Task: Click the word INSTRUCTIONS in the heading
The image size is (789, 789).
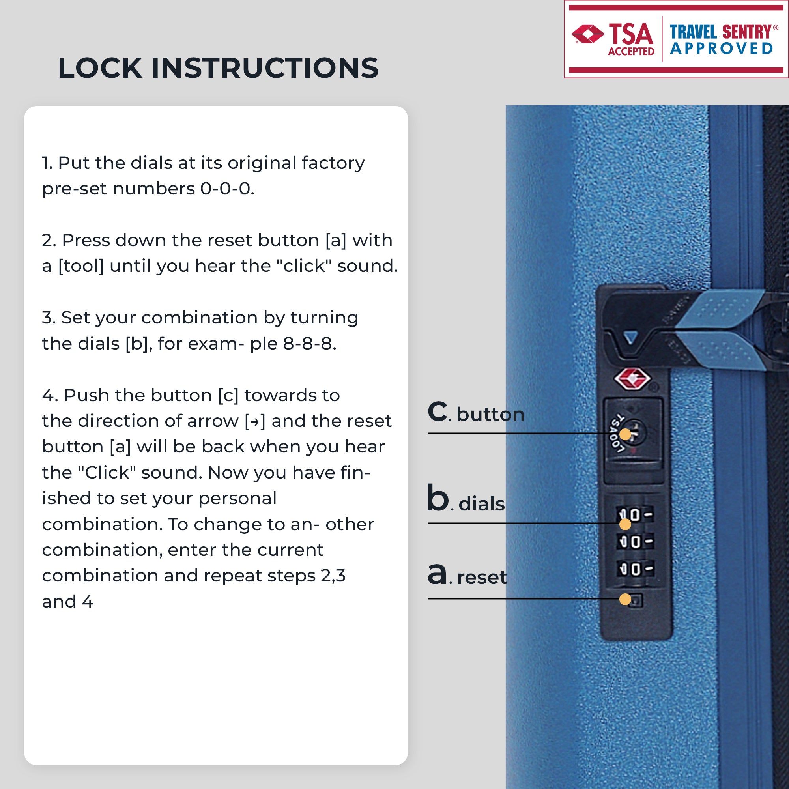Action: click(265, 68)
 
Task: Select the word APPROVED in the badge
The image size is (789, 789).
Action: click(722, 49)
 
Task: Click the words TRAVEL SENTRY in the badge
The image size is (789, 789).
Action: click(720, 32)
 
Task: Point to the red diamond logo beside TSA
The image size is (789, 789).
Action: click(588, 34)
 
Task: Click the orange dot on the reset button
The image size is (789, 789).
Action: click(625, 599)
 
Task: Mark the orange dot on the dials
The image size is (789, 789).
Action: click(625, 524)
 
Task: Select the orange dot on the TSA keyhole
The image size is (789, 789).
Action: click(625, 434)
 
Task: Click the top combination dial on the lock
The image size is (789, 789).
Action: click(635, 514)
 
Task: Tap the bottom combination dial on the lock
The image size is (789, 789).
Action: click(635, 569)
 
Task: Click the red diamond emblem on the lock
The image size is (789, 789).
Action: click(632, 379)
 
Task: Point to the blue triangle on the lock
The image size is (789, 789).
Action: click(631, 337)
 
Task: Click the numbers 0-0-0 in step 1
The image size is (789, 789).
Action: click(227, 189)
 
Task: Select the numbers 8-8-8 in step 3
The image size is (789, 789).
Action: click(309, 344)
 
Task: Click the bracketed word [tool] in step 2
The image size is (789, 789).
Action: click(81, 266)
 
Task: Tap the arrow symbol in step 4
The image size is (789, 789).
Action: click(255, 421)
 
